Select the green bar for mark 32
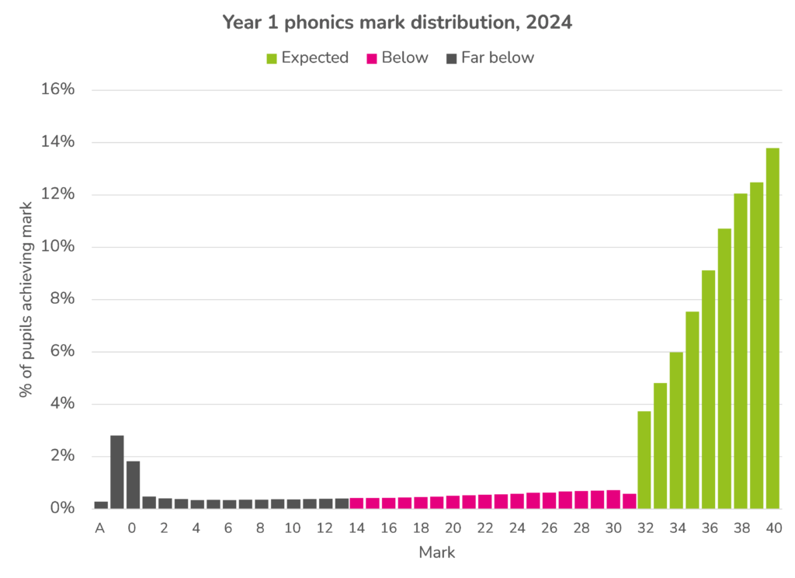point(644,459)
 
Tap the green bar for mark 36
point(708,389)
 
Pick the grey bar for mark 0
point(133,485)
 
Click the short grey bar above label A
point(101,504)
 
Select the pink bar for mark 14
point(356,503)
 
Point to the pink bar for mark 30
point(613,500)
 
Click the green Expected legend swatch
point(271,57)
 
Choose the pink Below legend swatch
point(371,57)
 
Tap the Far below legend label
point(497,57)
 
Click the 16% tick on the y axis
point(57,89)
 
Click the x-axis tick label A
point(100,528)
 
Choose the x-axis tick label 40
point(772,528)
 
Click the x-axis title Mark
point(436,553)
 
